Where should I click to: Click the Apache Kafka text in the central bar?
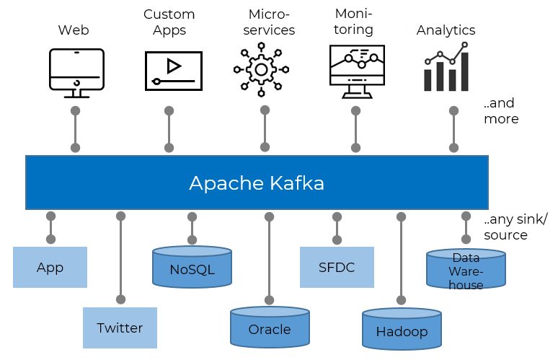point(257,183)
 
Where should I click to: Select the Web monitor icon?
point(76,72)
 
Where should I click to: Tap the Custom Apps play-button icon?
point(173,70)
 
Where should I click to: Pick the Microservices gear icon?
point(261,70)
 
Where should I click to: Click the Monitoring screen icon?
point(356,71)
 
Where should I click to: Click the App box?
point(50,268)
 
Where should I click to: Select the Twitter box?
point(120,328)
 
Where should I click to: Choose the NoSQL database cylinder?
point(192,268)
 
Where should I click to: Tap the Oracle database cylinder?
point(270,328)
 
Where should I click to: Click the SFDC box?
point(337,268)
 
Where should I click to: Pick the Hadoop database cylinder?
point(402,330)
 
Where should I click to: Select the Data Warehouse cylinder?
point(466,270)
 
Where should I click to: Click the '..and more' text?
point(501,111)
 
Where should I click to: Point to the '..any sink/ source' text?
point(515,227)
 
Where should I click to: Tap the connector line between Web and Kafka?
point(75,130)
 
